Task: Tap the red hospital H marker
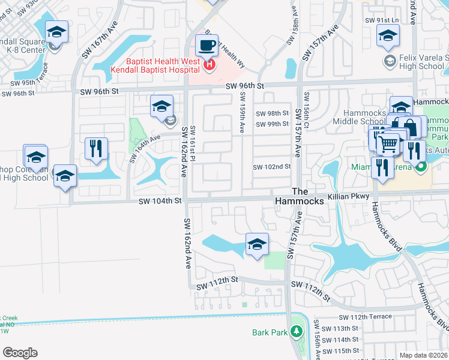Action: click(209, 65)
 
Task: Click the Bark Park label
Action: click(270, 332)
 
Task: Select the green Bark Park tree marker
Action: click(295, 332)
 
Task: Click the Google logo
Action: click(20, 352)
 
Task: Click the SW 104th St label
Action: click(161, 203)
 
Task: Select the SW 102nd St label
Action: click(271, 167)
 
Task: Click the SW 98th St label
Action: click(273, 113)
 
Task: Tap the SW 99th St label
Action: click(273, 124)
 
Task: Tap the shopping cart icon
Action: click(388, 143)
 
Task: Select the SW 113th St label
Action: click(340, 328)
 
